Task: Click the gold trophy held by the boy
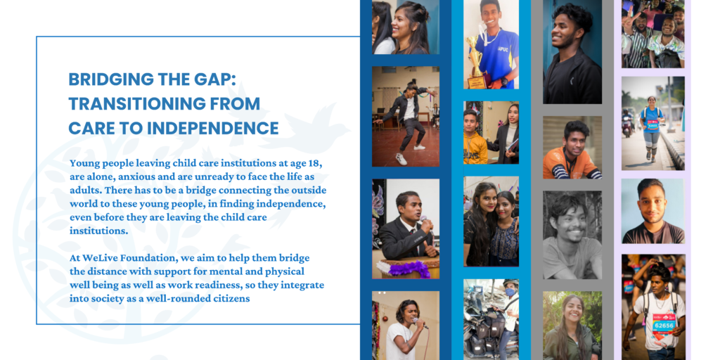[475, 63]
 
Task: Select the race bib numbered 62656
[663, 323]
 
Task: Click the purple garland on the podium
[404, 269]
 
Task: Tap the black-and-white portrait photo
[572, 235]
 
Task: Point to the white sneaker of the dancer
[401, 159]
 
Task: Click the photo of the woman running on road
[653, 123]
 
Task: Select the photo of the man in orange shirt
[572, 148]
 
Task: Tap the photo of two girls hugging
[491, 221]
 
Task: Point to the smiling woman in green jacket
[572, 326]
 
